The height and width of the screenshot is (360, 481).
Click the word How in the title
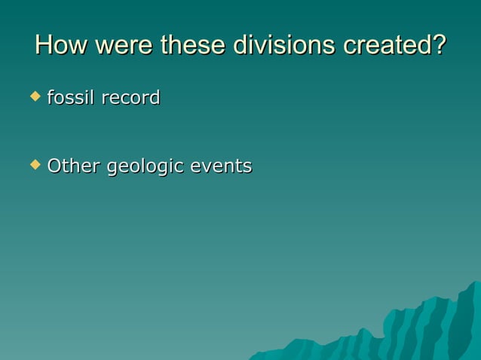tap(58, 45)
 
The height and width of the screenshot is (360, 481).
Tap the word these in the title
tap(192, 45)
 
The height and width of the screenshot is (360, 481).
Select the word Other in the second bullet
tap(73, 166)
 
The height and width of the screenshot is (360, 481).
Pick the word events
tap(220, 166)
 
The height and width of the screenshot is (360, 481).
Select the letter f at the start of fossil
tap(50, 98)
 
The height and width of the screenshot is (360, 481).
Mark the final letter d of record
tap(155, 98)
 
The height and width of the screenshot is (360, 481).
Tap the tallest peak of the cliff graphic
tap(473, 284)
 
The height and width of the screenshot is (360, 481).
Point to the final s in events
tap(247, 166)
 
